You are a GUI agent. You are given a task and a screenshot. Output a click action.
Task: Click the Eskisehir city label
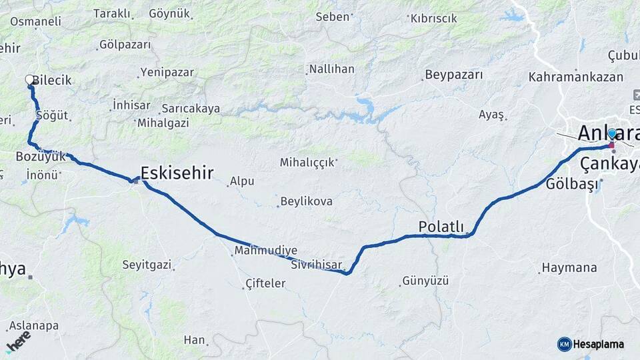(x=177, y=173)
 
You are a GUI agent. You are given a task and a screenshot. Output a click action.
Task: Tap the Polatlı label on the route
(x=441, y=227)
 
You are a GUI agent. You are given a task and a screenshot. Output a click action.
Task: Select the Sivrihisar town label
(x=316, y=265)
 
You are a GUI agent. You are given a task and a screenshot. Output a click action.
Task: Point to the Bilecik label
(x=51, y=80)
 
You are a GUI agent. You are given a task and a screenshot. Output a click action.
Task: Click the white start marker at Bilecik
(x=29, y=80)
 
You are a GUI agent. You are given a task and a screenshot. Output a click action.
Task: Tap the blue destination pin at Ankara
(x=611, y=134)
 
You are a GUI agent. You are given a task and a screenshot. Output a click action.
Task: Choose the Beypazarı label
(x=453, y=75)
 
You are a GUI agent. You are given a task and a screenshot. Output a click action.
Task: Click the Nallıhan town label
(x=331, y=69)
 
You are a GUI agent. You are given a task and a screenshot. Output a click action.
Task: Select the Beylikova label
(x=306, y=201)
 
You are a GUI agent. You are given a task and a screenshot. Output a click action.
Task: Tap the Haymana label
(x=569, y=268)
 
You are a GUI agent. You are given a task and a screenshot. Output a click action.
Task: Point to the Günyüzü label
(x=425, y=281)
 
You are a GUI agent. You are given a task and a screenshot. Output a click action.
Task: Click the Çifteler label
(x=265, y=283)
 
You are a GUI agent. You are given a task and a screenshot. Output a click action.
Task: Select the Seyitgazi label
(x=147, y=265)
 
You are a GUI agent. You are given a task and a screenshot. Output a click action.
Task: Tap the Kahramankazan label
(x=575, y=77)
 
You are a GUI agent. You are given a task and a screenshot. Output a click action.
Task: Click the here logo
(x=18, y=341)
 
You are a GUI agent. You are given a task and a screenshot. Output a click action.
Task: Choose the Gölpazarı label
(x=125, y=45)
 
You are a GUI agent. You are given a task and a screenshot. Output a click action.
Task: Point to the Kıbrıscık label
(x=433, y=19)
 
